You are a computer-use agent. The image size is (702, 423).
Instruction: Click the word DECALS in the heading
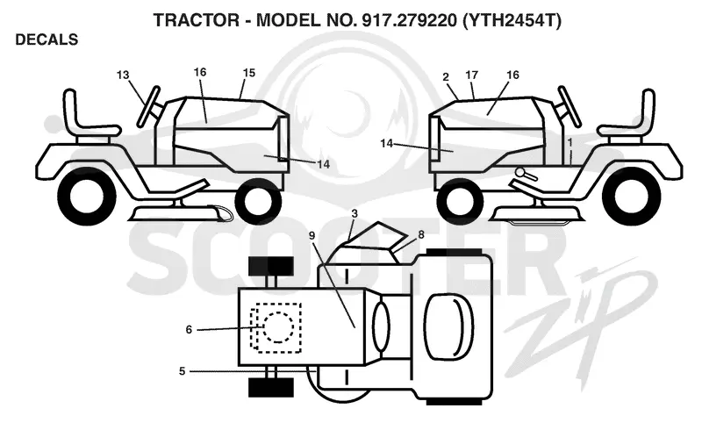47,39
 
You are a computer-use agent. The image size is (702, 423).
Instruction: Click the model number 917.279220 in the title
406,20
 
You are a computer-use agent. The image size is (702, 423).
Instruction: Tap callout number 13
123,75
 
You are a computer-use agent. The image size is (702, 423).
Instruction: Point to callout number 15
249,73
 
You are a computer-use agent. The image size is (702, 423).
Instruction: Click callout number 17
472,75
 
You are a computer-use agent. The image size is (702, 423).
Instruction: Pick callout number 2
446,77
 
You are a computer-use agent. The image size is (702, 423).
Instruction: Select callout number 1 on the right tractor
569,143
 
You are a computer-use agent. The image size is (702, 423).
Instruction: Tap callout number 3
355,213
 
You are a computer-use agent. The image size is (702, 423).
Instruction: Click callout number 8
421,234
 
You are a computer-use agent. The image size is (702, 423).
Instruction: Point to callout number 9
312,235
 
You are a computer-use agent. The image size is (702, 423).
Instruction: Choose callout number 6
189,330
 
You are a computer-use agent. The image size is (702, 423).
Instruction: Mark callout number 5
182,371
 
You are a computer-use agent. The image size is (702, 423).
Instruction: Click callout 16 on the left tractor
200,72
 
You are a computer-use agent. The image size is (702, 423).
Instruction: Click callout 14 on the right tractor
387,143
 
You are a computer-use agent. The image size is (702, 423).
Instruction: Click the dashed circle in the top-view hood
278,327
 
